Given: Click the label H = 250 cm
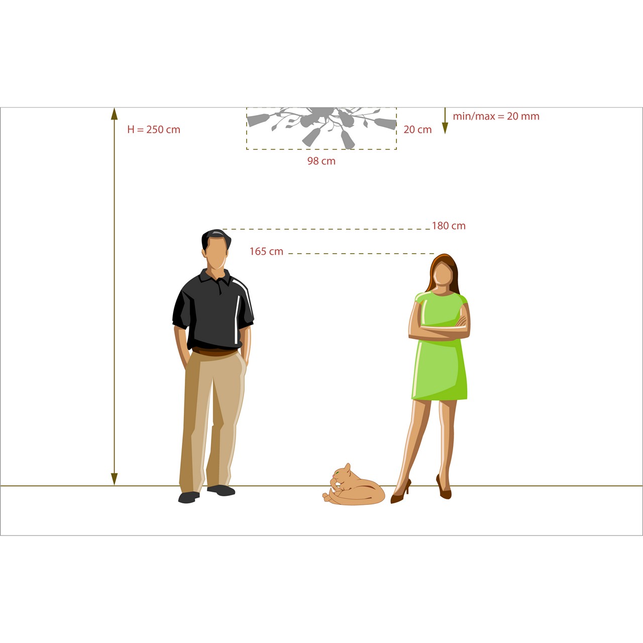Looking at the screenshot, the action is [154, 130].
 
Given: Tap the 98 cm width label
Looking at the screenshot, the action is [321, 161].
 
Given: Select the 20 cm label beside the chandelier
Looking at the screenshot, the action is [417, 130].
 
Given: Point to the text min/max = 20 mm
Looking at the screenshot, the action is [496, 116].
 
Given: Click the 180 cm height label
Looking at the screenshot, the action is [449, 226].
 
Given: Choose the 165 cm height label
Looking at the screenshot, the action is [266, 251].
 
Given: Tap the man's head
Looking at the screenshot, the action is [216, 249].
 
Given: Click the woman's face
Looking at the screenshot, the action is [443, 273].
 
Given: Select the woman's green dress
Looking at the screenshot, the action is [439, 364].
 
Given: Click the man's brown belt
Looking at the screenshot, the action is [215, 352].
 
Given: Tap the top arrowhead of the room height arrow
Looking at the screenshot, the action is [114, 114].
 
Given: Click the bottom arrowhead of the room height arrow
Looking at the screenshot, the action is [114, 479].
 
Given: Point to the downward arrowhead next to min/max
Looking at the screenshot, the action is [445, 128].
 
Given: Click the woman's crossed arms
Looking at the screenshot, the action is [440, 329].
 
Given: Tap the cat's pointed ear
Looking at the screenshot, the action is [347, 467].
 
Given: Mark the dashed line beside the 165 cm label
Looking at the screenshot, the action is [361, 254].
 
